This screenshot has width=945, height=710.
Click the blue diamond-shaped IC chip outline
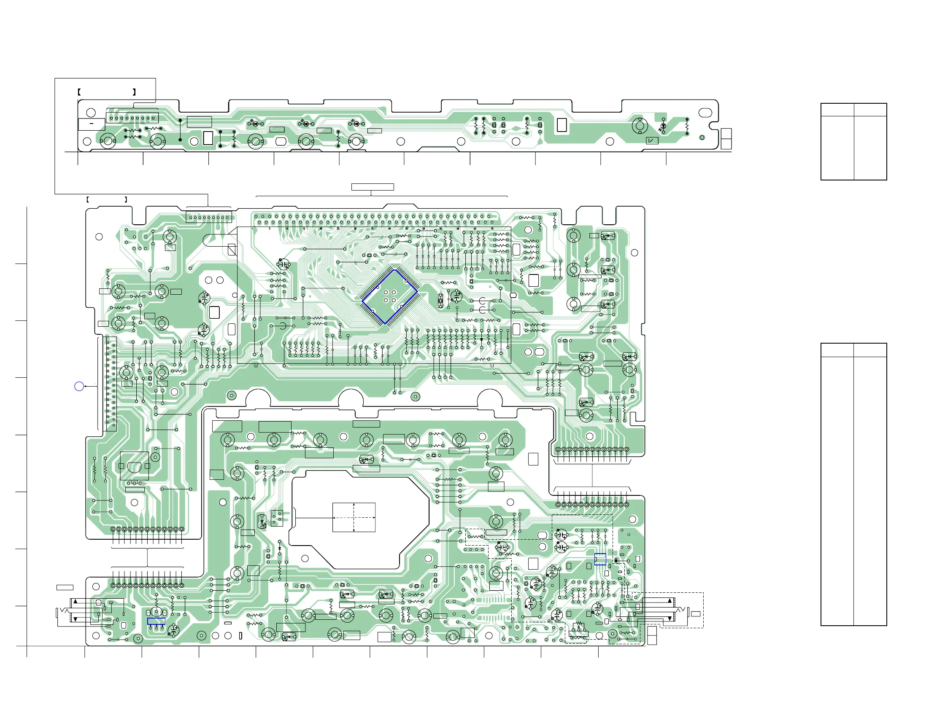pos(389,297)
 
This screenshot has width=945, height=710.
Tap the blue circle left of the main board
pos(79,386)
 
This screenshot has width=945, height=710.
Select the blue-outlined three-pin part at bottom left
pos(157,621)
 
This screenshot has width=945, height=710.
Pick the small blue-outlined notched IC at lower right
pos(600,559)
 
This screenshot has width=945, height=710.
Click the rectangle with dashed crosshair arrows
pos(354,517)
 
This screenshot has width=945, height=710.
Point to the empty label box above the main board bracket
pos(373,187)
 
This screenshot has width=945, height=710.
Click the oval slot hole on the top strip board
pos(705,113)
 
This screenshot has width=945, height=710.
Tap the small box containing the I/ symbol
pos(652,140)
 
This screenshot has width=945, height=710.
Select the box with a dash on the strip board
pos(92,124)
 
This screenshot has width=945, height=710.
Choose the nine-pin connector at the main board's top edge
pos(209,217)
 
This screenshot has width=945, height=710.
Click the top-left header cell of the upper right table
pos(837,110)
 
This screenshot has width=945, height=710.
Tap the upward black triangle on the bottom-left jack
pos(76,602)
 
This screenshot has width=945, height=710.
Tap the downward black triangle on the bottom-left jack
pos(76,619)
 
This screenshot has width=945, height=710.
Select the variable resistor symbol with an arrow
pos(579,627)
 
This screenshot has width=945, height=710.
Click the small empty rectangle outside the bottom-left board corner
pos(65,587)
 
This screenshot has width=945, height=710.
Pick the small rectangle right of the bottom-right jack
pos(696,614)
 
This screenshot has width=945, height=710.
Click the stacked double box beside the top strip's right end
pos(726,139)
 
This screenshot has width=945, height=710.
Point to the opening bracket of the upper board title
pos(79,92)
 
